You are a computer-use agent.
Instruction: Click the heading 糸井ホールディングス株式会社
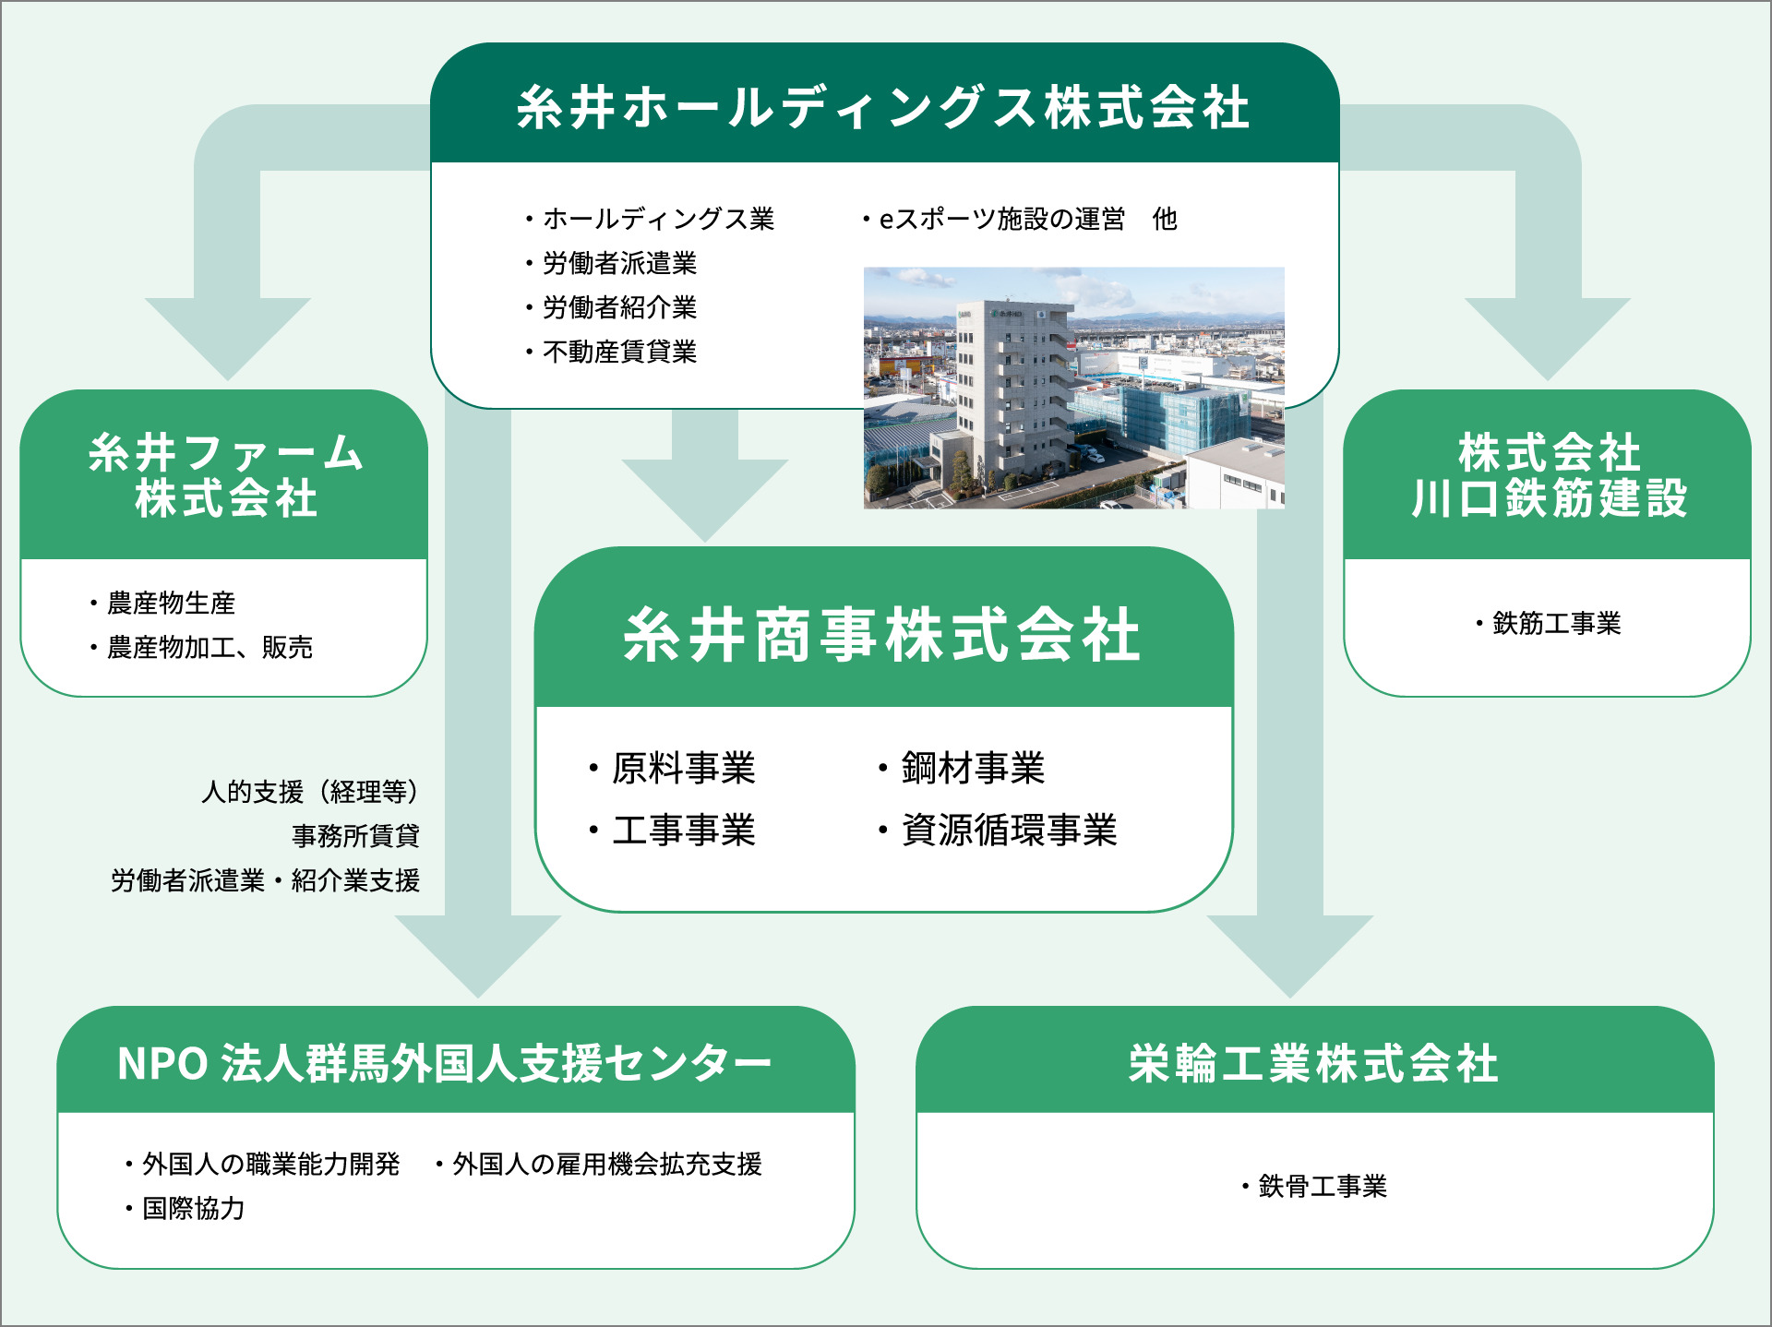point(883,107)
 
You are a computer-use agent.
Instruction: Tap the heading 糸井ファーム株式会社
point(226,476)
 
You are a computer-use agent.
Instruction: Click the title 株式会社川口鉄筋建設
point(1549,476)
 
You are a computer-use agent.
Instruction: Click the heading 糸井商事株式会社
point(883,636)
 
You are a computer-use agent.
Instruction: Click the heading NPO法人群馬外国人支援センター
point(444,1064)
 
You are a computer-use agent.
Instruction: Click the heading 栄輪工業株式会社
point(1313,1064)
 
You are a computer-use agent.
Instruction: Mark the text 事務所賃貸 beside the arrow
point(355,836)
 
